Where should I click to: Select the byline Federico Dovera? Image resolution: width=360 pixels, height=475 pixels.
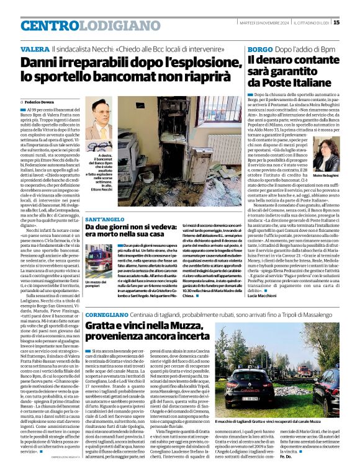coord(40,100)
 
